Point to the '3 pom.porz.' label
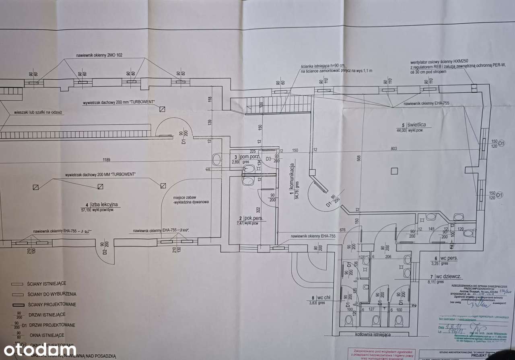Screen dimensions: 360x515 coord(246,156)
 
